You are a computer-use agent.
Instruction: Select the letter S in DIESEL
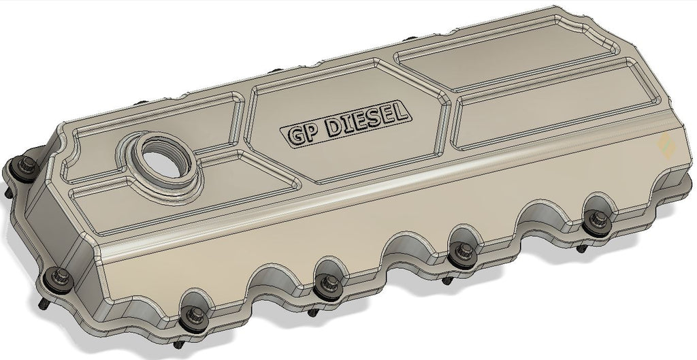pyautogui.click(x=377, y=117)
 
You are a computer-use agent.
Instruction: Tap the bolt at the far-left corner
pyautogui.click(x=27, y=165)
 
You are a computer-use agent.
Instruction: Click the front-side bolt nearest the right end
pyautogui.click(x=598, y=221)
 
